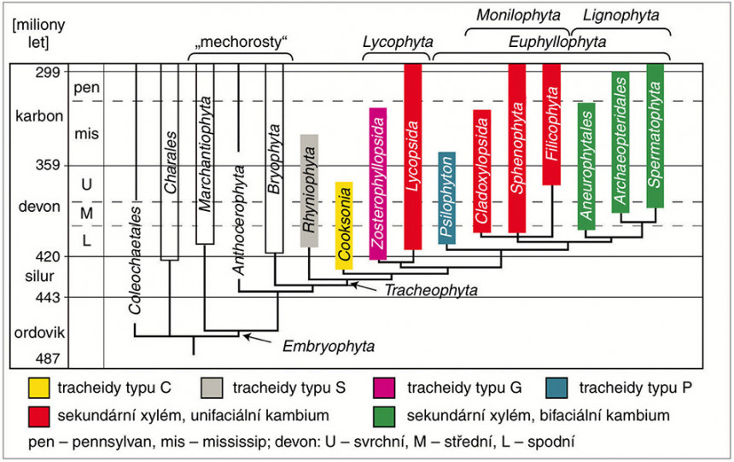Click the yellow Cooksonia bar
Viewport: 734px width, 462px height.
click(343, 225)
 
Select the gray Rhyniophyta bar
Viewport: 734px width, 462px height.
click(309, 191)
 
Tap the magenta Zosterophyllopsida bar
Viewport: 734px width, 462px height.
click(378, 183)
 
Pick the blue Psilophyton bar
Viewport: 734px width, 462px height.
click(446, 198)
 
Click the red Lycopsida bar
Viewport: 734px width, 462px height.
click(412, 155)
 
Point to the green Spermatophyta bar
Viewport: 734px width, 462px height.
click(655, 134)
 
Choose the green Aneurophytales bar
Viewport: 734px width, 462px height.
click(585, 166)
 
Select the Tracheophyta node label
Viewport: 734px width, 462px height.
click(430, 290)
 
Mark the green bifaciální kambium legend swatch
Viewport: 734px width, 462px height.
click(386, 417)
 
